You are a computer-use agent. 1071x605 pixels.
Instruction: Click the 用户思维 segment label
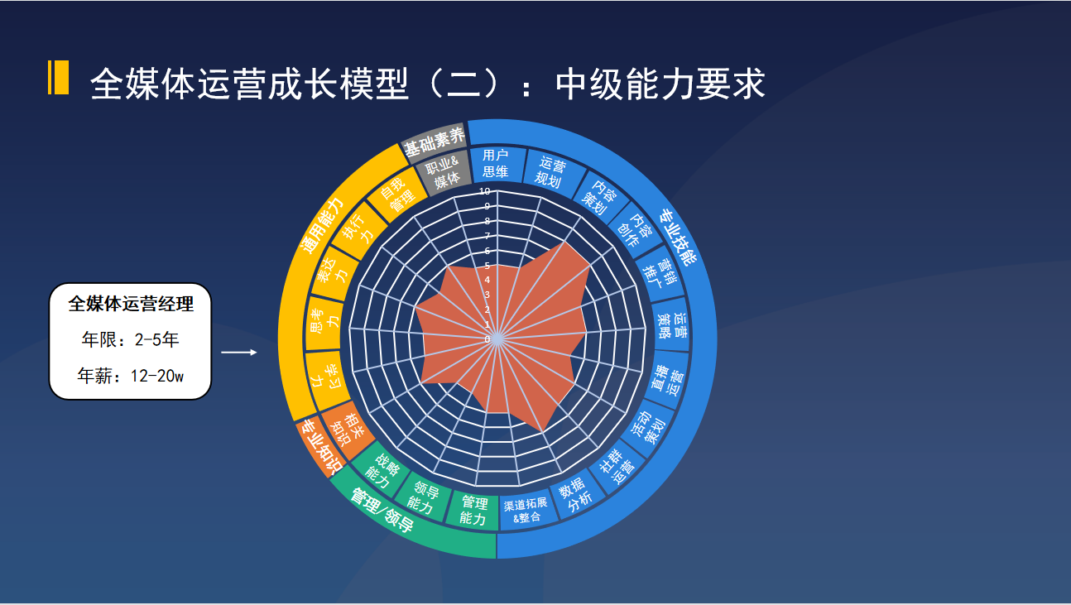(x=495, y=163)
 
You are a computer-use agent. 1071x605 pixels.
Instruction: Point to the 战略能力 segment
(x=382, y=469)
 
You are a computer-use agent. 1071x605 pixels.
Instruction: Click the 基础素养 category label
(x=434, y=142)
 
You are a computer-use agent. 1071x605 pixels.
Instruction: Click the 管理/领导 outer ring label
(x=382, y=511)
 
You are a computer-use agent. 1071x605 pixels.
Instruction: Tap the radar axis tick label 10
(x=484, y=190)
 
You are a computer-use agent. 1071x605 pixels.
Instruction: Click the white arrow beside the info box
(x=239, y=353)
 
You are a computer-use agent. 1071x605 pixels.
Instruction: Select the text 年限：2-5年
(x=130, y=339)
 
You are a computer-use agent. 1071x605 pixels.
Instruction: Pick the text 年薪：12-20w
(x=130, y=376)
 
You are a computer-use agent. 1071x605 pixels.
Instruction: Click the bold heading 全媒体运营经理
(x=130, y=304)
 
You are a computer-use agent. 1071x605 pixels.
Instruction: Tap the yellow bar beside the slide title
(x=58, y=78)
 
